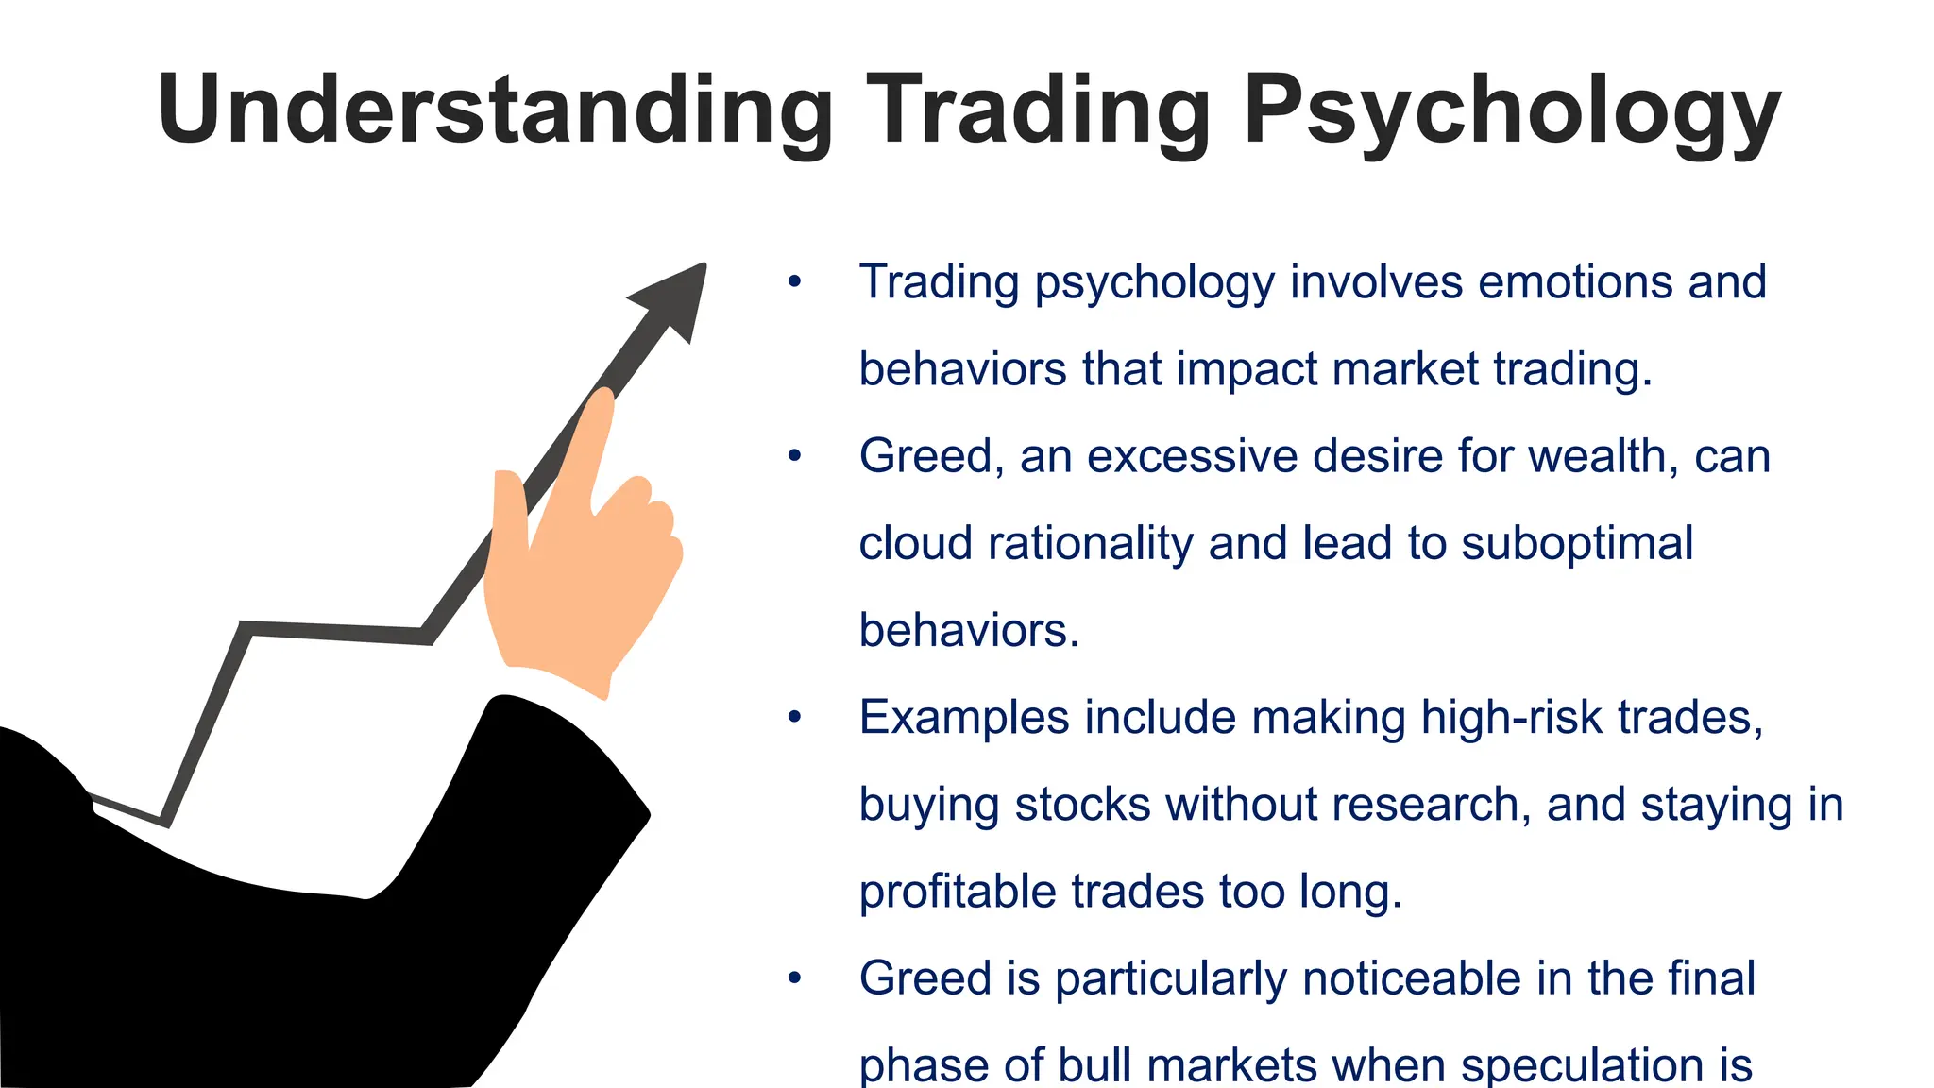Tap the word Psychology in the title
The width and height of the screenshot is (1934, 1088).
click(x=1512, y=111)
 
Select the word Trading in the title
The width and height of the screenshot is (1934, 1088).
click(x=1038, y=111)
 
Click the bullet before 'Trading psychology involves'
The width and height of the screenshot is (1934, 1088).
click(x=794, y=282)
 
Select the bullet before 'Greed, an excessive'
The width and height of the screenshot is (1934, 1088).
click(x=794, y=457)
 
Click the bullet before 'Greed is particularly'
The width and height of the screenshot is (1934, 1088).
click(x=794, y=978)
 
